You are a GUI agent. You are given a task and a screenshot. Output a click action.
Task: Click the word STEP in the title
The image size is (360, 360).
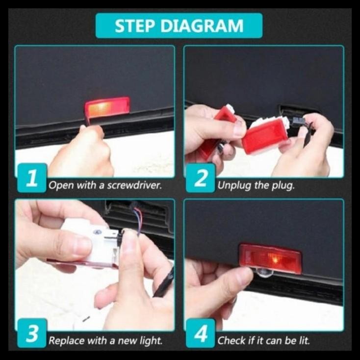pyautogui.click(x=134, y=26)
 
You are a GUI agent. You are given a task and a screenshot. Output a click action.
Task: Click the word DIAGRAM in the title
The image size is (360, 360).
pyautogui.click(x=202, y=26)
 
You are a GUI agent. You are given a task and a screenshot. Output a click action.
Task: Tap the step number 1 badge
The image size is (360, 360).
pyautogui.click(x=32, y=178)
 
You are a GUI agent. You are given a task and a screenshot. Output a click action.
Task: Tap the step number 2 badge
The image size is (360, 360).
pyautogui.click(x=201, y=178)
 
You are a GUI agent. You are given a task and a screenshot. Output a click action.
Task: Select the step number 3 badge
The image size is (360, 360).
pyautogui.click(x=32, y=333)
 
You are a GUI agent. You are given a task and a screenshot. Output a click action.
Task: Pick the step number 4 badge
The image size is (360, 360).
pyautogui.click(x=201, y=333)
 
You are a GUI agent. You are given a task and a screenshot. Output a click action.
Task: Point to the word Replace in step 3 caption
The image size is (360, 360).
pyautogui.click(x=66, y=341)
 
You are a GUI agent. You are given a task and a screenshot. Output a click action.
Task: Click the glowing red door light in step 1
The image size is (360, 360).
pyautogui.click(x=107, y=107)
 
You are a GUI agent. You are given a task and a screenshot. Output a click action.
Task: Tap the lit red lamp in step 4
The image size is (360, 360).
pyautogui.click(x=270, y=258)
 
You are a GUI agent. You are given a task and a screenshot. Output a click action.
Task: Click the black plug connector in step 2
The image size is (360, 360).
pyautogui.click(x=298, y=121)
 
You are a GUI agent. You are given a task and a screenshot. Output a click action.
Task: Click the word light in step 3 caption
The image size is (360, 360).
pyautogui.click(x=151, y=341)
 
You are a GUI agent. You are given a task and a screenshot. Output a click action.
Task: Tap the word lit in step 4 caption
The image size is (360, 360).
pyautogui.click(x=304, y=340)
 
